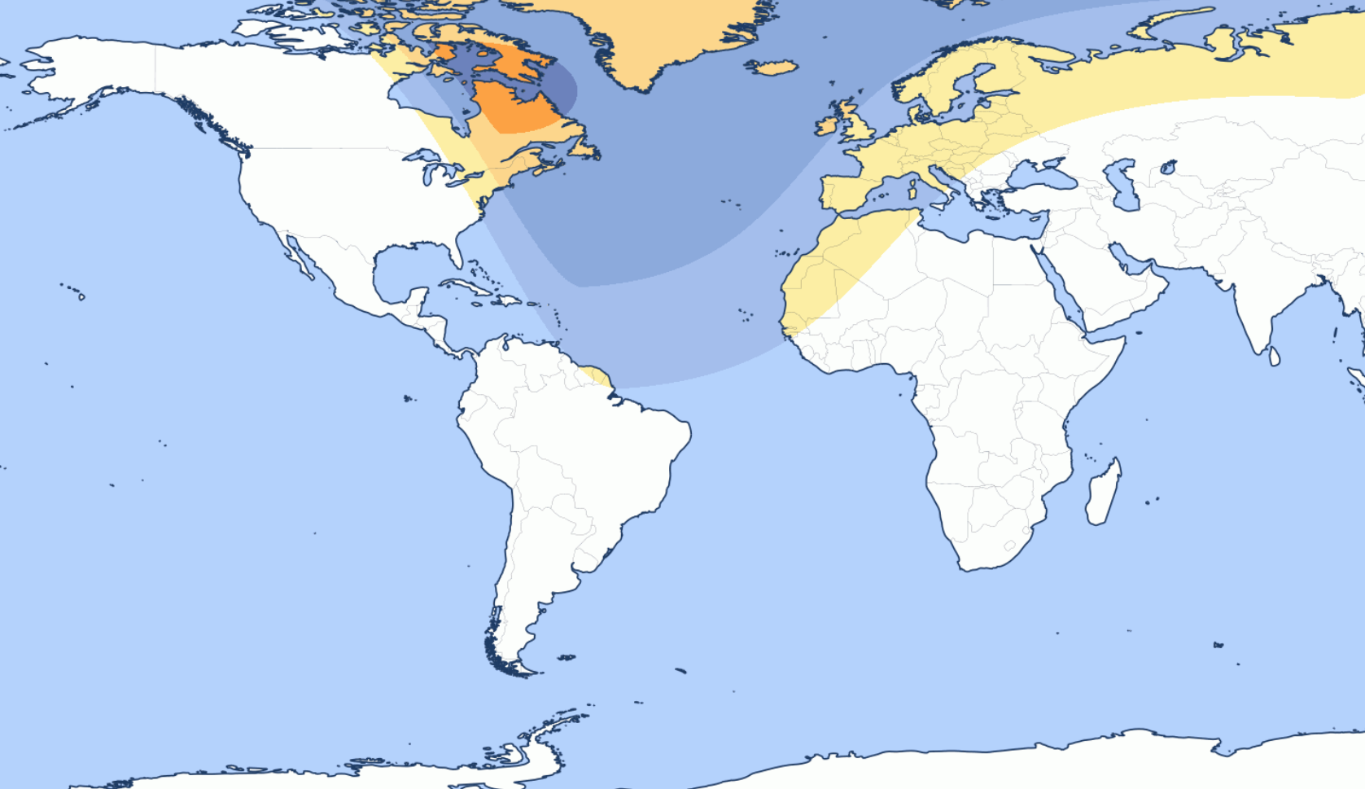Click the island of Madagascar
click(1103, 493)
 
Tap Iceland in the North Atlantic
click(774, 67)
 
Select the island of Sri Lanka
click(1275, 356)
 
